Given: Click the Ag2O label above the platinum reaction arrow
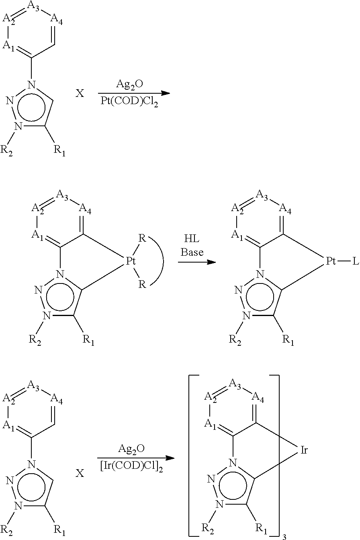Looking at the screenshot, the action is (x=129, y=84).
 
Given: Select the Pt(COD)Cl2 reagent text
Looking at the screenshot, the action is (x=129, y=101).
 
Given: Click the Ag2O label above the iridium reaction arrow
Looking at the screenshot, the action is (x=131, y=450).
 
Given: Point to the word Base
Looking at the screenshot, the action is (x=192, y=252).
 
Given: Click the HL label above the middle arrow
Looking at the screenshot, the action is (x=192, y=239).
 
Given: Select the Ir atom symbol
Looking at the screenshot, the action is (x=304, y=450).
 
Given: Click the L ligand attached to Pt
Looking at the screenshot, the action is (x=356, y=261).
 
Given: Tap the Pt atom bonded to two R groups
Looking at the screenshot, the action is (x=131, y=261).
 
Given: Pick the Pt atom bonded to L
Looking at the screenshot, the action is (x=331, y=261).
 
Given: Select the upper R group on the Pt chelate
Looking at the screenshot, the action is (x=142, y=238).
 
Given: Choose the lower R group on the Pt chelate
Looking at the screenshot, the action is (x=142, y=284).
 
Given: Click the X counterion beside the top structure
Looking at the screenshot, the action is (x=80, y=93).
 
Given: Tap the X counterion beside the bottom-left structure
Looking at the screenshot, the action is (x=80, y=474).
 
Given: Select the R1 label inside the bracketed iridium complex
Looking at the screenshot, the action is (x=261, y=528).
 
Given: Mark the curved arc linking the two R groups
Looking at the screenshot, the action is (x=163, y=261).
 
